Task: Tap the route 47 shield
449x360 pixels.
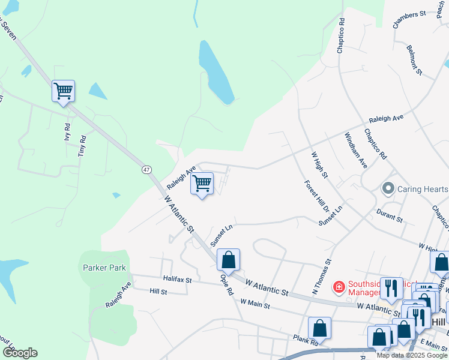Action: (x=146, y=170)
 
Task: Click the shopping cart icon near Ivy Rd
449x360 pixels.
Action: (x=63, y=92)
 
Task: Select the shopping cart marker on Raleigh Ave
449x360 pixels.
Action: (x=202, y=184)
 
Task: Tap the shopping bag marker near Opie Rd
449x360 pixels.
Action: (x=228, y=260)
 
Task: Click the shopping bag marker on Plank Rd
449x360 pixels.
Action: (x=319, y=328)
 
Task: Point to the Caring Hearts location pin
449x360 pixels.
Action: (x=388, y=189)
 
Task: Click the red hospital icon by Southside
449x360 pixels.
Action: (x=339, y=287)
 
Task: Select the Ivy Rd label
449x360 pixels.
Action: (x=67, y=131)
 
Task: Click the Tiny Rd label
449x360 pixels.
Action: (x=82, y=146)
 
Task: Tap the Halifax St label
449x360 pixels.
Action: (x=177, y=280)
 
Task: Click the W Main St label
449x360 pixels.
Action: (x=255, y=304)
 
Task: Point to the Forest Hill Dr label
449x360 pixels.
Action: (x=316, y=196)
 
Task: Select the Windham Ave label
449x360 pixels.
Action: (x=358, y=155)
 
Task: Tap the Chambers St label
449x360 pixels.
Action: (x=409, y=19)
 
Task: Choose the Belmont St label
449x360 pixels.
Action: (x=415, y=59)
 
